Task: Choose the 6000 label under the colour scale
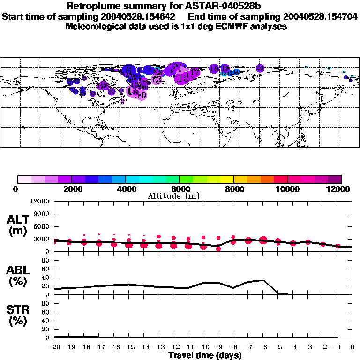[180, 189]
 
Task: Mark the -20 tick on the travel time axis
[54, 347]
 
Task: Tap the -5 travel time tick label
[278, 347]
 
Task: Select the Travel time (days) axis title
[204, 355]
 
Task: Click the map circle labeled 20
[260, 68]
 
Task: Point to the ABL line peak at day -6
[263, 280]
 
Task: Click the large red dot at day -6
[263, 240]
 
